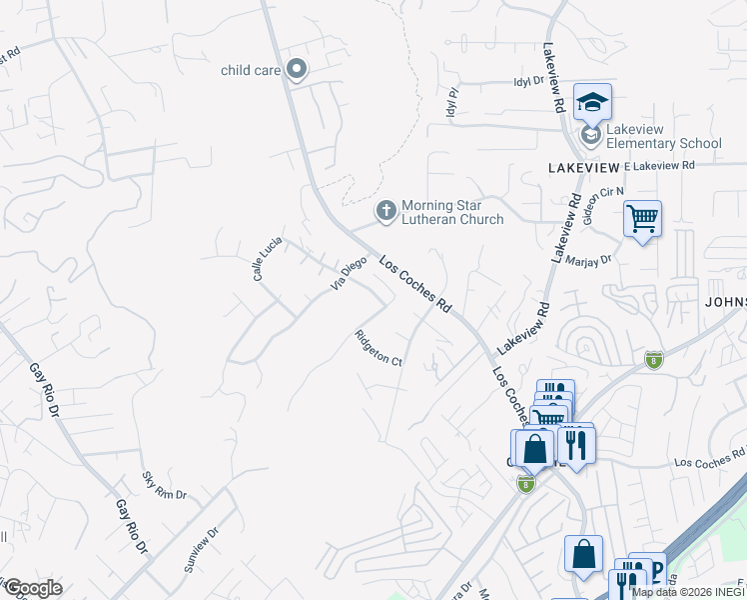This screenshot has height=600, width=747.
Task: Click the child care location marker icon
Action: (x=296, y=69)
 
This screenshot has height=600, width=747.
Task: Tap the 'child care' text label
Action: (x=250, y=70)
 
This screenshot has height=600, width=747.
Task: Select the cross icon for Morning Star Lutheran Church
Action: (x=385, y=211)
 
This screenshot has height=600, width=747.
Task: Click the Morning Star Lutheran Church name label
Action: (x=451, y=213)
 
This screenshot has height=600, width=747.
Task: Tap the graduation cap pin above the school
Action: (x=592, y=101)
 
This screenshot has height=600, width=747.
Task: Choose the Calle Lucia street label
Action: (x=268, y=257)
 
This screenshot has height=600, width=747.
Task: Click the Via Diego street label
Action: (x=350, y=274)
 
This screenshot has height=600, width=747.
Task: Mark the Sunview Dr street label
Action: (x=201, y=549)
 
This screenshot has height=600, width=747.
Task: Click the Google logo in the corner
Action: (x=32, y=588)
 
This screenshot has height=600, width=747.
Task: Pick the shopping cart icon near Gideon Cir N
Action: (x=642, y=219)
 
